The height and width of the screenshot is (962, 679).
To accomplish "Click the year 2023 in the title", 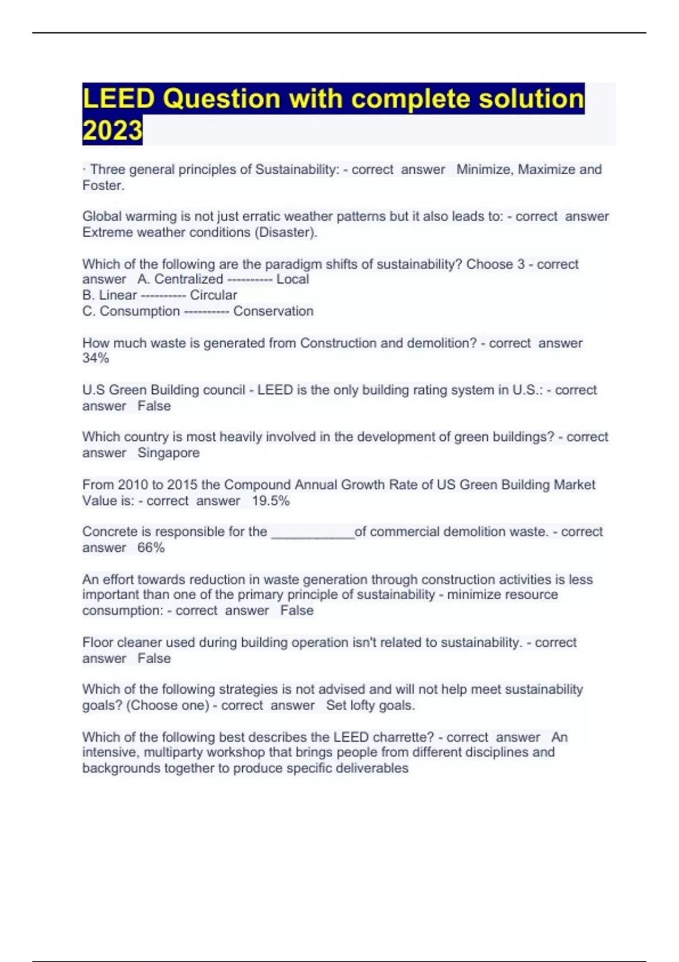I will click(x=112, y=131).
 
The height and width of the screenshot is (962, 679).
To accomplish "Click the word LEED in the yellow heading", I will click(x=118, y=98).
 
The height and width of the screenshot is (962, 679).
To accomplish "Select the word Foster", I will click(x=102, y=186).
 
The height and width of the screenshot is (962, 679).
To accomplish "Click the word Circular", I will click(x=213, y=295).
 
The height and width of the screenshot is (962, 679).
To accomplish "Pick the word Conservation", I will click(x=273, y=311).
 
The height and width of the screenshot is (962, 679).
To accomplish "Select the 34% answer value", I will click(x=96, y=358).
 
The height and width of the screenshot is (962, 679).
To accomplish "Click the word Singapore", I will click(x=169, y=453).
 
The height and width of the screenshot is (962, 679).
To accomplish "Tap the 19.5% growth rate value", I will click(x=270, y=501).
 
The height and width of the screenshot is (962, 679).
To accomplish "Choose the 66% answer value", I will click(x=151, y=548).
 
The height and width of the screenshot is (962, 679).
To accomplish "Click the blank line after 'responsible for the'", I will click(x=313, y=533).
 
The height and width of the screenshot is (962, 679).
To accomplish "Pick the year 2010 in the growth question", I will click(x=132, y=485).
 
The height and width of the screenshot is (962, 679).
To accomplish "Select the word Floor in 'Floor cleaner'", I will click(x=96, y=643).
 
